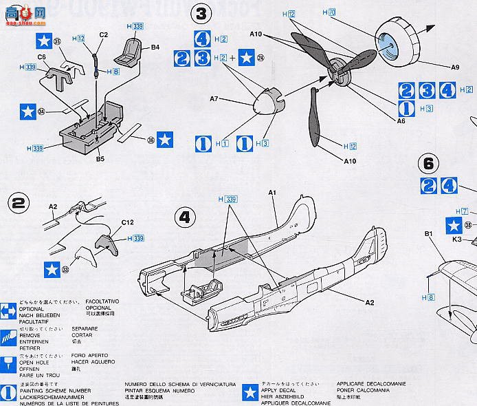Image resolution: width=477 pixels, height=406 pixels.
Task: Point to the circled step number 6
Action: coord(428,164)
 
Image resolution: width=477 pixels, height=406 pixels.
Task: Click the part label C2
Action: coord(104,34)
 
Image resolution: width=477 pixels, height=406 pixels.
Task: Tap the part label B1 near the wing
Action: coord(430,234)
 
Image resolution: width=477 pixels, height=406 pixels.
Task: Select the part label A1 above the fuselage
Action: coord(271,195)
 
